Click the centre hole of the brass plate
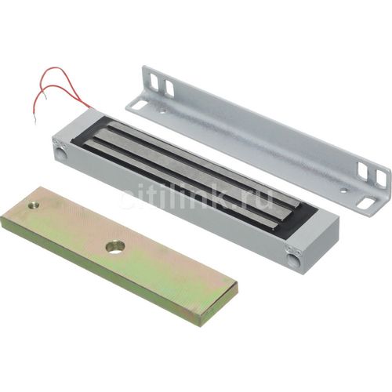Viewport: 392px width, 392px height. (114, 247)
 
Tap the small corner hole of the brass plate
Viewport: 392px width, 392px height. (34, 205)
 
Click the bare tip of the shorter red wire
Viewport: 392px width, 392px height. (45, 97)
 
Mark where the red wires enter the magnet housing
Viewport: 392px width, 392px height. (90, 108)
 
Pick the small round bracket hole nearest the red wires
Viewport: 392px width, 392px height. (162, 111)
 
